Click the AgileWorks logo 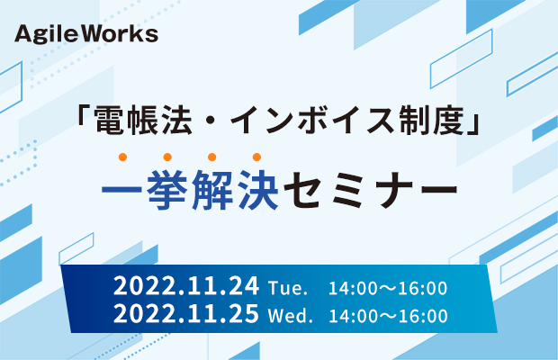[x=86, y=34]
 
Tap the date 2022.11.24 [x=186, y=286]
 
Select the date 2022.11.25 [x=186, y=313]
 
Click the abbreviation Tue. [x=287, y=288]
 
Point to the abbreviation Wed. [x=290, y=316]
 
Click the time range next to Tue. [x=388, y=288]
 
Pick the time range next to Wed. [x=388, y=316]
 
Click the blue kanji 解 [x=212, y=189]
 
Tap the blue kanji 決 [x=257, y=189]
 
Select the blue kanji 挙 [x=166, y=189]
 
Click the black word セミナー [x=370, y=189]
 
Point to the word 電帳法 [x=143, y=121]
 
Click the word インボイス [x=311, y=121]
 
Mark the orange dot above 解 [x=212, y=157]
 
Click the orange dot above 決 [x=256, y=157]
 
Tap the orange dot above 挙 [x=167, y=157]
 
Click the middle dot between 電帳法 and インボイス [x=211, y=121]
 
